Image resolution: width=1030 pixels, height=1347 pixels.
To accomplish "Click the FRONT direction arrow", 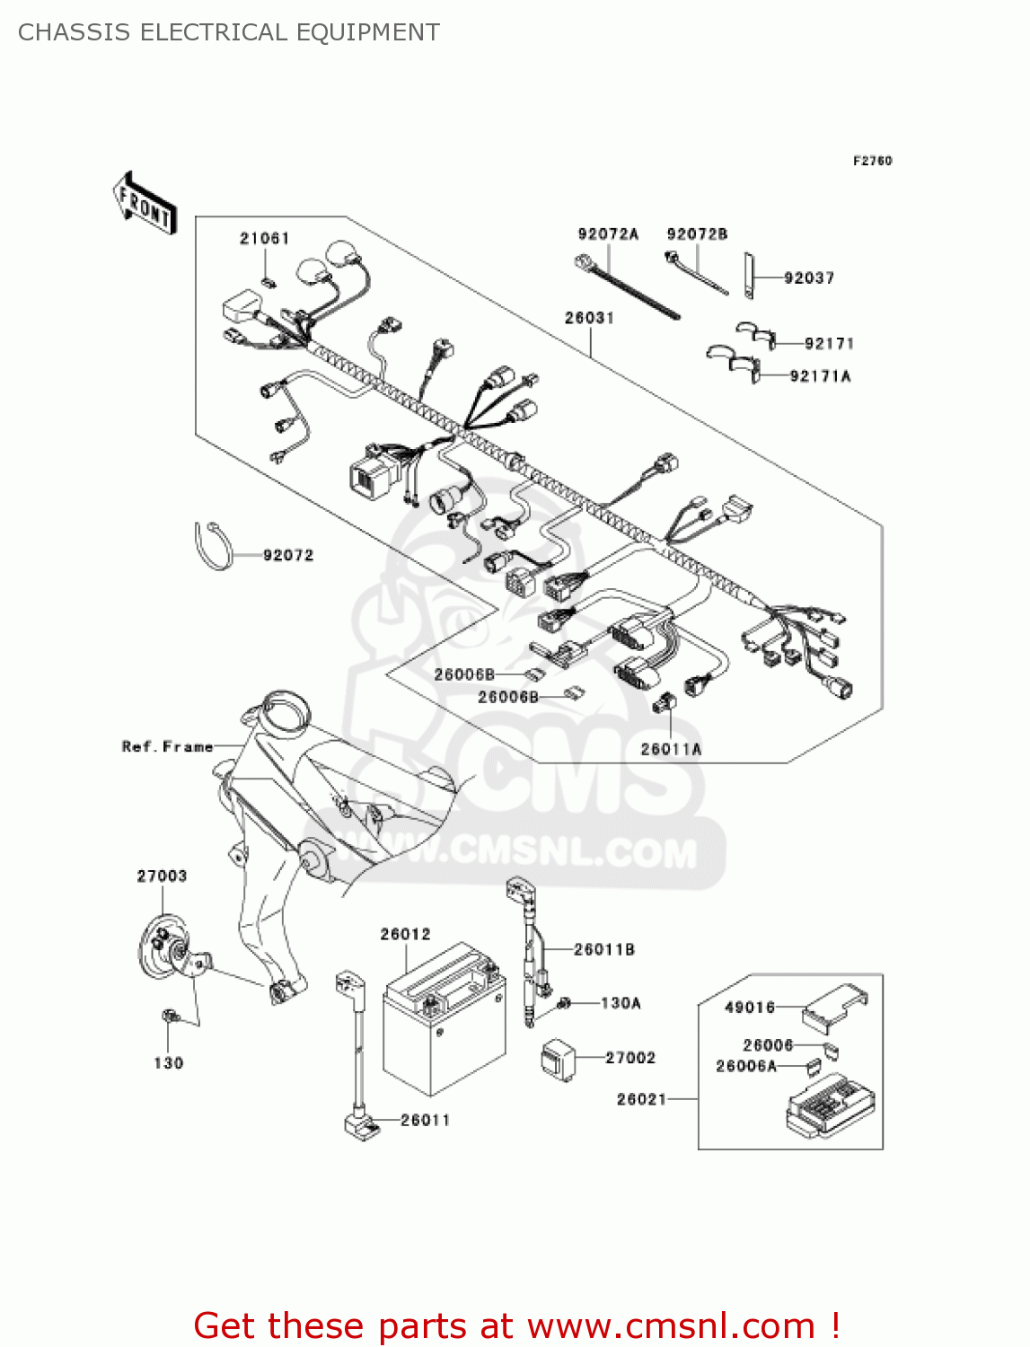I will (145, 204).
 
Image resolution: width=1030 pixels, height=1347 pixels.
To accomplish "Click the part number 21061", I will (264, 238).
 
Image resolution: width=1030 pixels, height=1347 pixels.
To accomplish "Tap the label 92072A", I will (608, 234).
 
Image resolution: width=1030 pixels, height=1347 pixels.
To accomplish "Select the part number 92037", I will (809, 278).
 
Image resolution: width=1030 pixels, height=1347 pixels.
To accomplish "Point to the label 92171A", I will (820, 376).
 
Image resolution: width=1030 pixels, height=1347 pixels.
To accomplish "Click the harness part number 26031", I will (589, 318).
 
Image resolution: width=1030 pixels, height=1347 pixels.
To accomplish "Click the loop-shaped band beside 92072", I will (212, 546).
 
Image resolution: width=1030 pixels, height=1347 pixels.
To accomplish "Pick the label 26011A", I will (671, 749).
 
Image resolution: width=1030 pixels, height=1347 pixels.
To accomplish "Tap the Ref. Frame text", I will (168, 746).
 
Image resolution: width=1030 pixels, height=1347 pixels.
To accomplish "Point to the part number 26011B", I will (603, 949).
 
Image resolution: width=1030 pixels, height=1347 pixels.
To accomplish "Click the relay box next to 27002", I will (558, 1058).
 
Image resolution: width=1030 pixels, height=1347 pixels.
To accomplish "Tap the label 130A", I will (621, 1003).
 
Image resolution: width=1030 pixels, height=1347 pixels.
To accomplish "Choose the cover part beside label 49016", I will (834, 1006).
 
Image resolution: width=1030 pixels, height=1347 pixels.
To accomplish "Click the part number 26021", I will (641, 1099).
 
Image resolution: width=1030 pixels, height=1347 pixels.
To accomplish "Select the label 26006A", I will (745, 1066).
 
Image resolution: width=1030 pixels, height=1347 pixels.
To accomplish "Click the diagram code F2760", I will (872, 161).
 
